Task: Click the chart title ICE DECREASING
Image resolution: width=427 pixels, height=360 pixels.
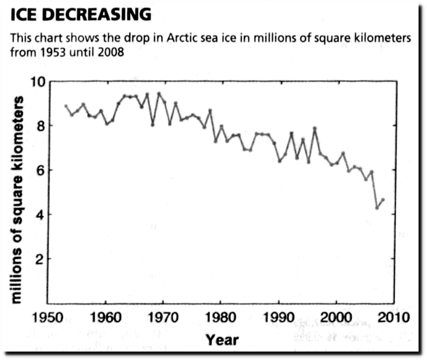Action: click(x=80, y=15)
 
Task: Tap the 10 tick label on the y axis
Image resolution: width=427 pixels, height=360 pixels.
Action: click(x=38, y=82)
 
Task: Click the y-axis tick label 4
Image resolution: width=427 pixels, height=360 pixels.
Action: click(x=40, y=215)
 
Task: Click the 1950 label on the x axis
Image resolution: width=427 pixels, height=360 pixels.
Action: click(x=48, y=317)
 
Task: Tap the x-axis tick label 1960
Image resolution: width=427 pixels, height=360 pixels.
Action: click(x=105, y=317)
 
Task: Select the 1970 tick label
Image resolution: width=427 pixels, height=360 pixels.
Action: click(x=163, y=317)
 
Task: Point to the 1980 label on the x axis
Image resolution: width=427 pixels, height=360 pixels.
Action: click(x=221, y=317)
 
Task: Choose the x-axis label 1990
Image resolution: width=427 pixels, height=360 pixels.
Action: click(x=279, y=317)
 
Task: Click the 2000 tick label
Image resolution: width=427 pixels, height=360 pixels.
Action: click(x=337, y=317)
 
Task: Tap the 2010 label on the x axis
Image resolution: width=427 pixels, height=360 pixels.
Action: click(x=394, y=317)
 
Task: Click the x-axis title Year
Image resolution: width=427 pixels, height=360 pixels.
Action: click(x=222, y=340)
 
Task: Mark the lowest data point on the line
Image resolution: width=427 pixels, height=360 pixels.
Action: click(x=377, y=208)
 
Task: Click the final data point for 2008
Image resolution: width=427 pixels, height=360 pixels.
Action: click(x=383, y=200)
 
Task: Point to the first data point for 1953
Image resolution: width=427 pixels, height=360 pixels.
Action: click(x=66, y=106)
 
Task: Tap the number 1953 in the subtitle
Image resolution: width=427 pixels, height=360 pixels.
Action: click(x=53, y=52)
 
